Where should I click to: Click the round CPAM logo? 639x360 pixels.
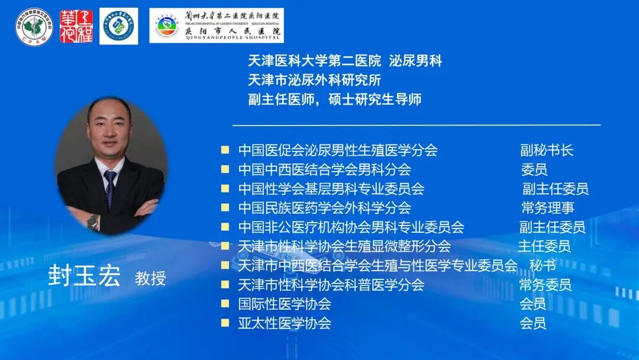point(34,25)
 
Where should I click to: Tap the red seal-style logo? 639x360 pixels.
point(76,26)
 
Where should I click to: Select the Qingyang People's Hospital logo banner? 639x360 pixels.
point(217,25)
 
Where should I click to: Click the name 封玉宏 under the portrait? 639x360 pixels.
point(85,277)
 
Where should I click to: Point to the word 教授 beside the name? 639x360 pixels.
point(150,278)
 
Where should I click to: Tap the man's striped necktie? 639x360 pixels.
point(110,188)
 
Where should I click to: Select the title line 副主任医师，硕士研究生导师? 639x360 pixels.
point(334,99)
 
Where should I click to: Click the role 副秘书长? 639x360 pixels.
point(547,150)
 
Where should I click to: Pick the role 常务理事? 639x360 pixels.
point(547,208)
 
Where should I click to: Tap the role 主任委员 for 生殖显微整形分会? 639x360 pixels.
point(544,246)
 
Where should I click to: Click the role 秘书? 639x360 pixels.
point(543,265)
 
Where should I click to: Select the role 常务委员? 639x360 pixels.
point(545,285)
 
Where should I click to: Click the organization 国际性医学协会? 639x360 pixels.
point(284,304)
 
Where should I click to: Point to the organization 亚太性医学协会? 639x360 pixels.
point(284,323)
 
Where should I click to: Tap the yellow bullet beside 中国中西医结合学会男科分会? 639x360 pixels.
point(225,169)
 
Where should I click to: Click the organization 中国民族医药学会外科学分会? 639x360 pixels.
point(324,208)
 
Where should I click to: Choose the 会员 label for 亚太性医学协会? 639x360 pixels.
point(532,323)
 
